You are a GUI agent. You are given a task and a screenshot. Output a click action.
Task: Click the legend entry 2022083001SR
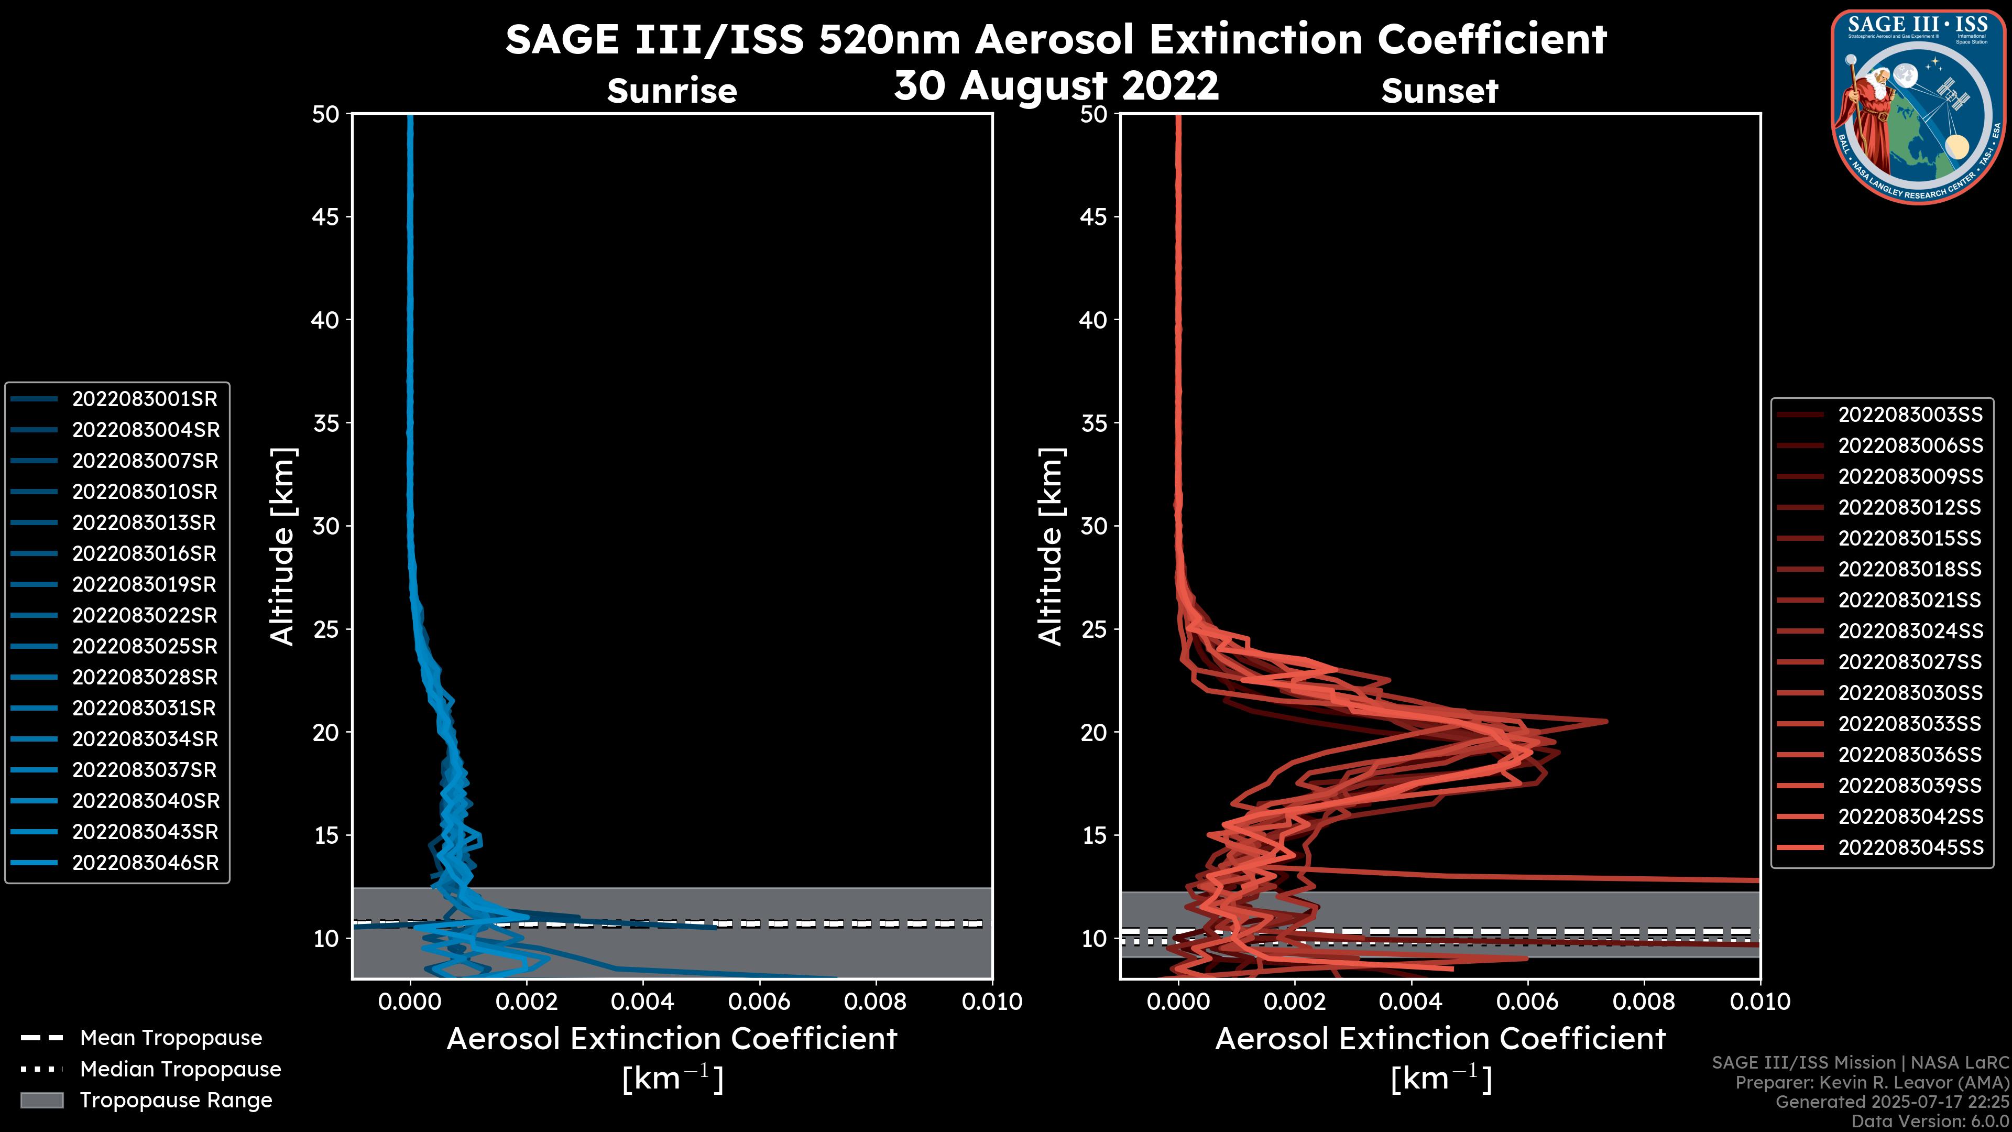pos(145,399)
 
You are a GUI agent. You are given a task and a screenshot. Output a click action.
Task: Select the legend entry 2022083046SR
pos(145,863)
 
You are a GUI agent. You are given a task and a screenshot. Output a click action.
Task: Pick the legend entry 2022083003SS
pos(1910,415)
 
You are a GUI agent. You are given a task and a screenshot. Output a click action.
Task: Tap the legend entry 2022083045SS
pos(1910,847)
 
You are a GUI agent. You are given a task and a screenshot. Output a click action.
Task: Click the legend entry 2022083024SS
pos(1910,631)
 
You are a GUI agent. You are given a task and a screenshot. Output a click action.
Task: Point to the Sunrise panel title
pos(672,91)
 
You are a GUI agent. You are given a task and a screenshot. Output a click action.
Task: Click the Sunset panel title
pos(1439,91)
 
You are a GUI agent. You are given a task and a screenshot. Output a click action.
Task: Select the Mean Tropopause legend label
pos(171,1038)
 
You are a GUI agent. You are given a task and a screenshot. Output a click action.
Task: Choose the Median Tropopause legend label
pos(180,1070)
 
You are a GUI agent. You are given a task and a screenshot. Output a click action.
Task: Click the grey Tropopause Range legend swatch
pos(41,1101)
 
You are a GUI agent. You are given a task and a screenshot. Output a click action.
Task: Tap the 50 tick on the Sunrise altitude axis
pos(326,114)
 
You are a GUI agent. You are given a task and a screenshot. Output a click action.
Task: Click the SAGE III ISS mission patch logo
pos(1918,106)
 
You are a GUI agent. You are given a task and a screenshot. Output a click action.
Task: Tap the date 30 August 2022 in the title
pos(1056,85)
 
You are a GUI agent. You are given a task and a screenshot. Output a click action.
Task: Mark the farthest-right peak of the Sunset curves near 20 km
pos(1606,721)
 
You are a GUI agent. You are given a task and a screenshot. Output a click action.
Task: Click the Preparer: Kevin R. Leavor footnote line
pos(1872,1083)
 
